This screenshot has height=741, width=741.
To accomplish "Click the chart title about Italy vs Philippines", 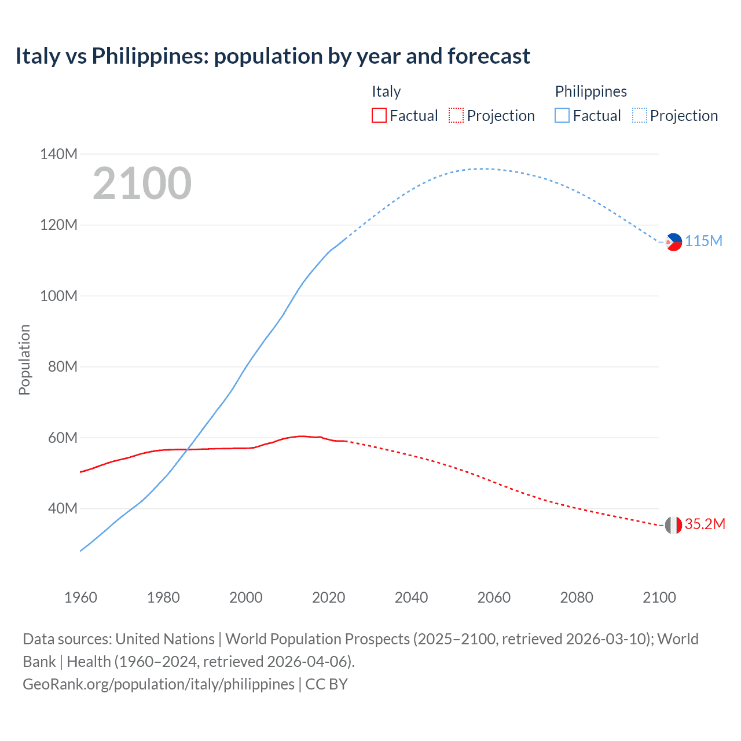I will [x=272, y=56].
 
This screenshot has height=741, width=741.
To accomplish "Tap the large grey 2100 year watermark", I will [x=142, y=184].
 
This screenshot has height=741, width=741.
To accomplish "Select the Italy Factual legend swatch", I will [x=379, y=116].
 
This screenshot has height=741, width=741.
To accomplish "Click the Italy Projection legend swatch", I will [x=456, y=116].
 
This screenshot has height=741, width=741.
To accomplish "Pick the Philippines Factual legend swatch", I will [x=562, y=116].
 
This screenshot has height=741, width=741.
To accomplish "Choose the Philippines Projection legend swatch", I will [x=640, y=116].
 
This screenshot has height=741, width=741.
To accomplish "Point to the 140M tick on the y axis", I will [x=58, y=154].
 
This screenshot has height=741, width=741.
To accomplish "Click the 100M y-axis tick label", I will [x=58, y=296].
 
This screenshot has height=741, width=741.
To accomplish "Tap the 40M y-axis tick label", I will [x=63, y=508].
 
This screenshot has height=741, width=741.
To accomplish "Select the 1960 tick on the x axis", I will [x=80, y=597].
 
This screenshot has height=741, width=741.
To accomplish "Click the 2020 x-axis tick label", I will [x=328, y=597].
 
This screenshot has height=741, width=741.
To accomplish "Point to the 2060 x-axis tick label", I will [x=494, y=597].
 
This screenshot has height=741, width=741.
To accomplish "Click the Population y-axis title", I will [x=24, y=360].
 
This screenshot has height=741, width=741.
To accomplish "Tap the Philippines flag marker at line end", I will [x=673, y=242].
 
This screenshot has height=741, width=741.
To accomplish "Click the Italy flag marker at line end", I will [x=673, y=525].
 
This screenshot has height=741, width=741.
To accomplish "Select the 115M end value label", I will [x=703, y=241].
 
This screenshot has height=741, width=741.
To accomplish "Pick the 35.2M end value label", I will [x=705, y=524].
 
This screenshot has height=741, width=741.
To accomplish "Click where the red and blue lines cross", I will [x=187, y=449].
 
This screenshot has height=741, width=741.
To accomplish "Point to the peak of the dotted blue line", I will [x=483, y=169].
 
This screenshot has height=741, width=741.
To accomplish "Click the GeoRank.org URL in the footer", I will [x=158, y=684].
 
